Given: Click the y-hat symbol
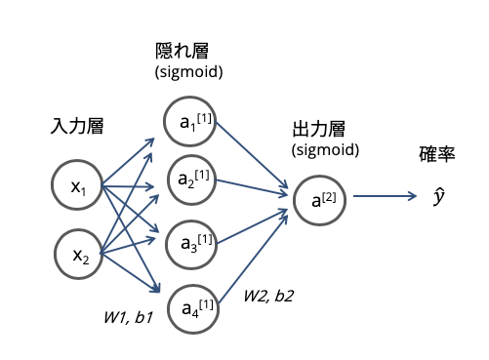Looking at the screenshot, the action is [x=439, y=196].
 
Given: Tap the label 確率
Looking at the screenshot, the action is [x=437, y=154].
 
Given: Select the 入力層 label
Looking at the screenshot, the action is [x=77, y=126].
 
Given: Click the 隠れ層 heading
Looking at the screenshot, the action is [x=182, y=51].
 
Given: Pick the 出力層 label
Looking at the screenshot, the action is [x=319, y=129].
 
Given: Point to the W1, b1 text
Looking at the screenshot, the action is [x=128, y=318].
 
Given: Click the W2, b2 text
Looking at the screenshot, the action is [x=268, y=297].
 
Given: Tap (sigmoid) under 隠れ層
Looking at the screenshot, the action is [x=189, y=72].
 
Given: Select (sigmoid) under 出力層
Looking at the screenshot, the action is [x=325, y=150].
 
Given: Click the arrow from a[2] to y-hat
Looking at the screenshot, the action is [x=385, y=196].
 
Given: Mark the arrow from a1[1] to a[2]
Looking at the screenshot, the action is [x=252, y=155].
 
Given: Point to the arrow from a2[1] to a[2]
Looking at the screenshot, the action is [x=252, y=187].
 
